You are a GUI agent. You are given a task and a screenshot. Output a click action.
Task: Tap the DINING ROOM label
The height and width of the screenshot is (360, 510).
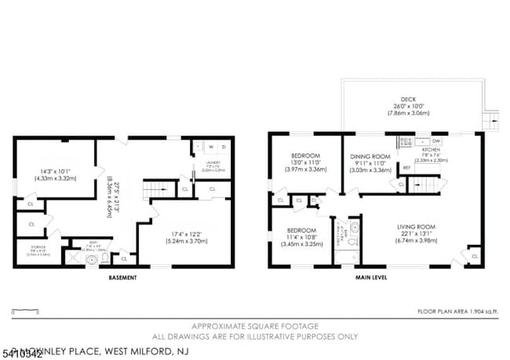[370, 156]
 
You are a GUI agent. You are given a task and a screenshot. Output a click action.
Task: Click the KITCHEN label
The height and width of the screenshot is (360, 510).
[432, 149]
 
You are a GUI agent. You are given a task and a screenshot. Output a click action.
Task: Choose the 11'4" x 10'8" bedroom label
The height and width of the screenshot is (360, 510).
[301, 230]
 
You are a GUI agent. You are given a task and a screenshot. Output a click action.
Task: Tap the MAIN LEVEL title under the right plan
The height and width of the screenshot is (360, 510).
[374, 278]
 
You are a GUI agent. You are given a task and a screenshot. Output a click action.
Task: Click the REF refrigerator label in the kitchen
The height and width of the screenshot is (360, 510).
[406, 168]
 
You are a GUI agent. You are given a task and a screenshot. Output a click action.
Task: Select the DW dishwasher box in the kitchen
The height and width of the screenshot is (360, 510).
[436, 140]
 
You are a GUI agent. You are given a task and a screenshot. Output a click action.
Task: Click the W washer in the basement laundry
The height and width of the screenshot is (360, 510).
[211, 147]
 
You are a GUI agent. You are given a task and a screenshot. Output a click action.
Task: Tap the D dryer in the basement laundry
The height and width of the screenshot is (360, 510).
[224, 147]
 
